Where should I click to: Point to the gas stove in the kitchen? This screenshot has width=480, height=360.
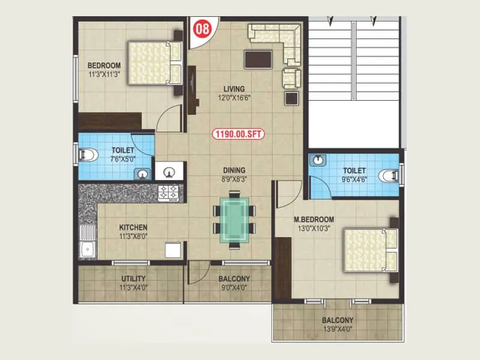pos(169,192)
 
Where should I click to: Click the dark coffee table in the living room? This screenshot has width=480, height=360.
pos(257,59)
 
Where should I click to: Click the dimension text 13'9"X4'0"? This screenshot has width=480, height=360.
pos(336,329)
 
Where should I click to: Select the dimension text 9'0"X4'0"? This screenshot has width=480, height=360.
pos(233,287)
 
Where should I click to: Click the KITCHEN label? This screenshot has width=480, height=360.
pos(133,228)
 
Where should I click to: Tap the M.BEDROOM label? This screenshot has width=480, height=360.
pos(314,219)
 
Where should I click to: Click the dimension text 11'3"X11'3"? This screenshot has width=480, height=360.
pos(104,74)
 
